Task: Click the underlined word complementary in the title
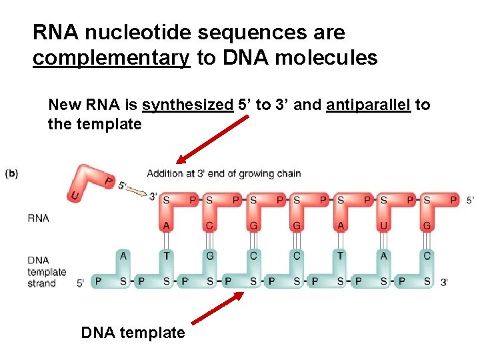pos(111,58)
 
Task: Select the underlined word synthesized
pos(187,105)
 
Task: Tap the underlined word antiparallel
pos(368,105)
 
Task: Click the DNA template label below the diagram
pos(133,332)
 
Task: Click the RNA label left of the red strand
pos(38,218)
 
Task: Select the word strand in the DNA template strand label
pos(41,283)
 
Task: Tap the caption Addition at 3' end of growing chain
pos(224,174)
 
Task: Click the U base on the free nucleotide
pos(73,195)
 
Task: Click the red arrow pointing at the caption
pos(211,139)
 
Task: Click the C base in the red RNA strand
pos(209,225)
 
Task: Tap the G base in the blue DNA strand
pos(209,255)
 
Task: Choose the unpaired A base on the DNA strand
pos(123,255)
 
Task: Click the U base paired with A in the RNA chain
pos(383,225)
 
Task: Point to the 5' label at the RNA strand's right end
pos(470,200)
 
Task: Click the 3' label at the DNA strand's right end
pos(445,283)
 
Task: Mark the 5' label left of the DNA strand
pos(80,283)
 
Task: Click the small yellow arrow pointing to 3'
pos(137,192)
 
